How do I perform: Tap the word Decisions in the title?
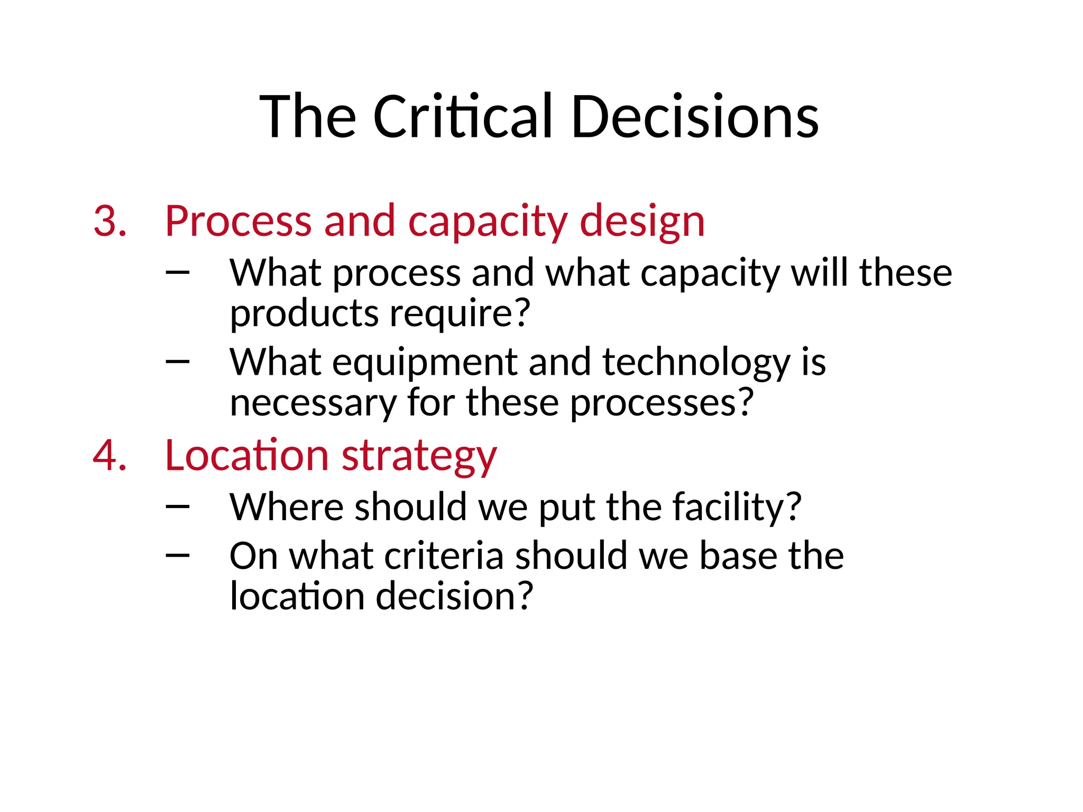click(695, 116)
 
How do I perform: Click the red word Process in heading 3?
click(238, 220)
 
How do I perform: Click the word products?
click(304, 313)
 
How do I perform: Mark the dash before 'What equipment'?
click(177, 362)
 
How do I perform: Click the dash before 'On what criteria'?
click(177, 555)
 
